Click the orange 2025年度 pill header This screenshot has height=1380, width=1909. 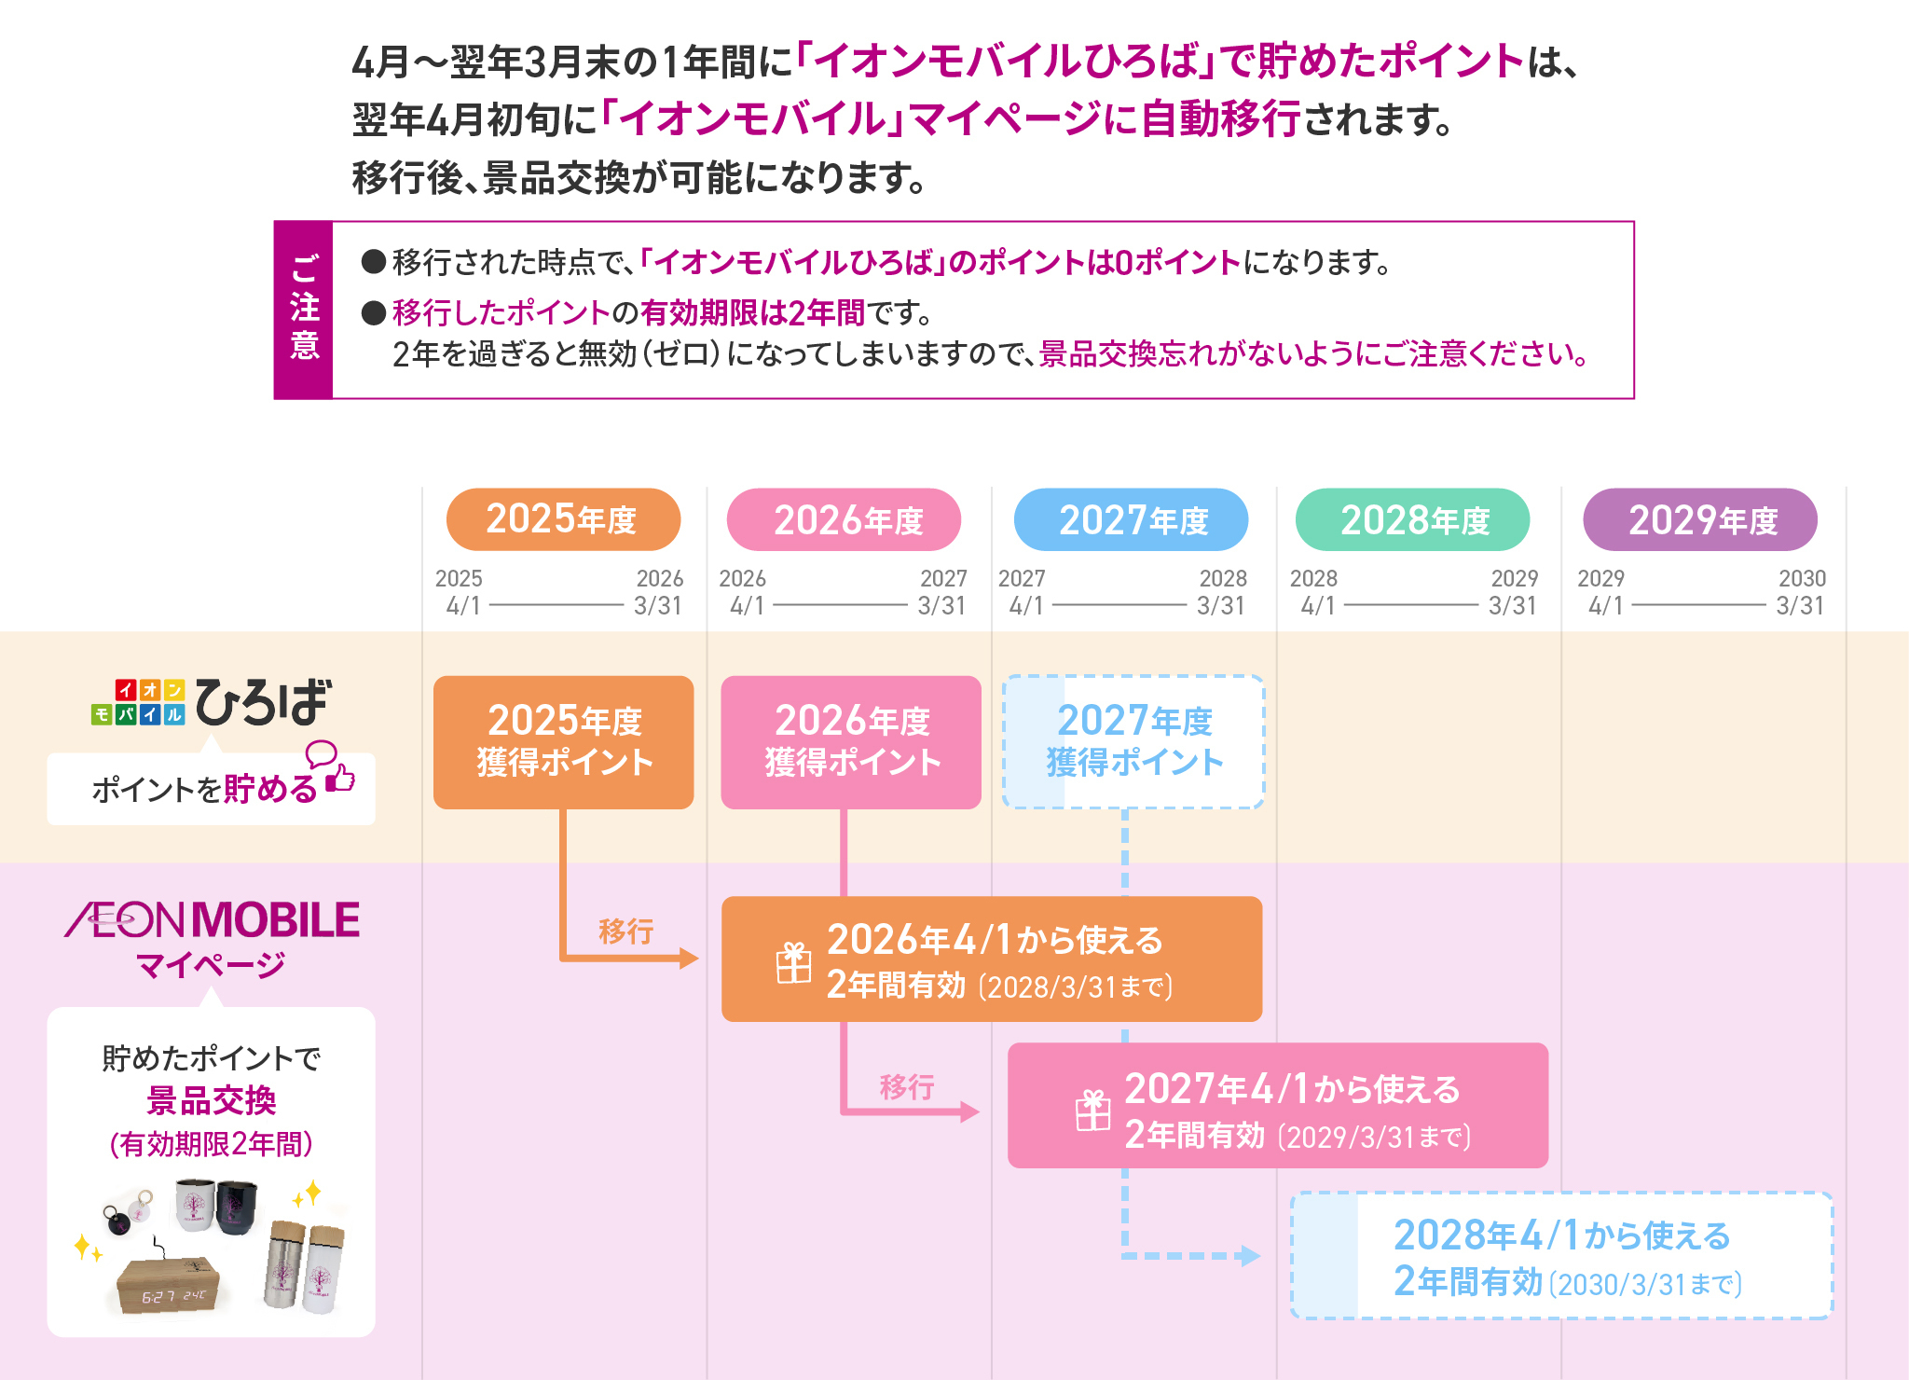(x=563, y=519)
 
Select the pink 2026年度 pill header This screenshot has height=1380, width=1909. (x=844, y=519)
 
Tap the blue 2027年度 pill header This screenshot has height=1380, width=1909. (x=1131, y=519)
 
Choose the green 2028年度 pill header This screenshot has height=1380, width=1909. (x=1412, y=519)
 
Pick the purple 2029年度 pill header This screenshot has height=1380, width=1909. (x=1699, y=519)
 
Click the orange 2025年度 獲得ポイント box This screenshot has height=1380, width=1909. (x=563, y=742)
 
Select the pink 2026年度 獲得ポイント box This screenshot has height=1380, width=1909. (x=850, y=742)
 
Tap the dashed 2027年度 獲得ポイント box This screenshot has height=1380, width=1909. (x=1133, y=742)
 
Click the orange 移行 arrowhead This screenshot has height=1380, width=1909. (x=689, y=958)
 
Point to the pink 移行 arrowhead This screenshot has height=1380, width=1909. (x=969, y=1111)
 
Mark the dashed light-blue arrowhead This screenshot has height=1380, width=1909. (x=1251, y=1256)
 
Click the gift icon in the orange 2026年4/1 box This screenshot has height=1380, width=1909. (x=794, y=962)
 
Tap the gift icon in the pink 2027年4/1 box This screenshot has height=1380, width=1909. (x=1092, y=1111)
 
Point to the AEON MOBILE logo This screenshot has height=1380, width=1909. (x=213, y=920)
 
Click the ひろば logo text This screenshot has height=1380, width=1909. (x=262, y=702)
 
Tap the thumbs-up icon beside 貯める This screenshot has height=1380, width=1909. (x=341, y=778)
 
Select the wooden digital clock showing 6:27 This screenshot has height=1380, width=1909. (x=168, y=1285)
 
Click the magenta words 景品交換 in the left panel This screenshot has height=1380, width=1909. (x=212, y=1101)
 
